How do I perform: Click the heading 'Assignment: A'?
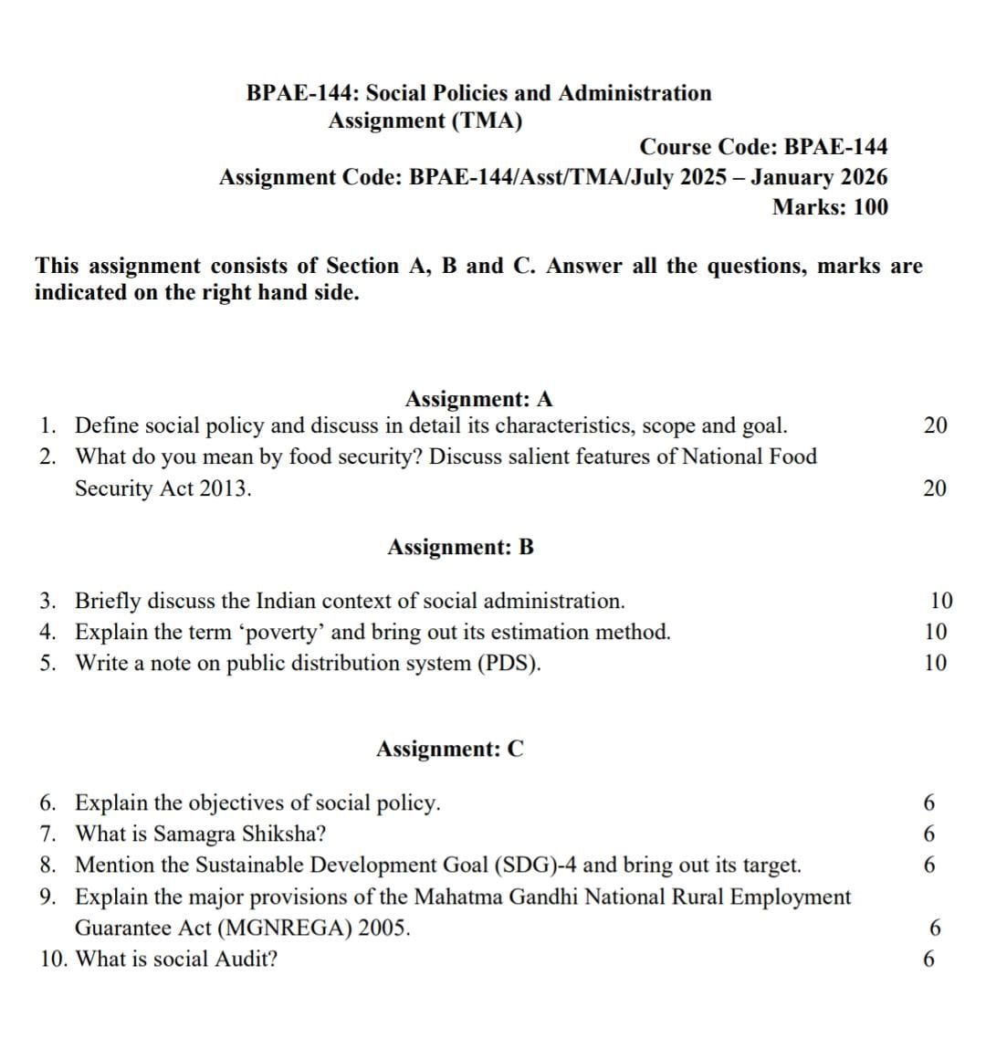click(478, 399)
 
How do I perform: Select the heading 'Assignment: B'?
click(460, 547)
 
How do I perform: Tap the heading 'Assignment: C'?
click(450, 750)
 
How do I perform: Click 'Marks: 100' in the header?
click(829, 207)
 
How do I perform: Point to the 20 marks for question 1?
click(935, 425)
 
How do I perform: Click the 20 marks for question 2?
click(935, 488)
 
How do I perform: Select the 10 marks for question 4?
click(936, 632)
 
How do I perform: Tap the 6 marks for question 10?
click(929, 960)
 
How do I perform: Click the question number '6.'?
click(51, 803)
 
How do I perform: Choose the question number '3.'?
click(51, 602)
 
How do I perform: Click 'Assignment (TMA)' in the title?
click(425, 121)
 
